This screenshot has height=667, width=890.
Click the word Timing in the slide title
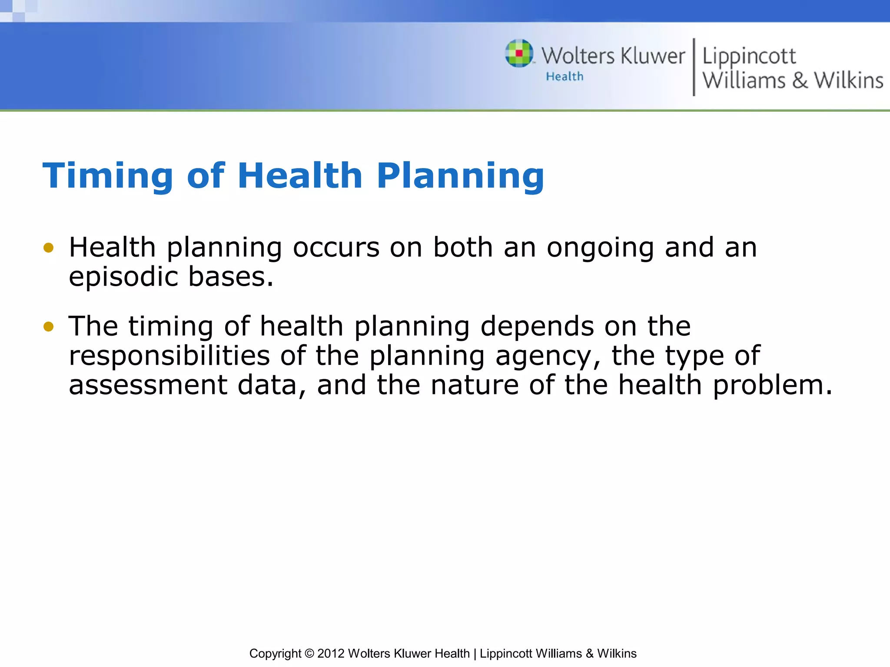click(108, 176)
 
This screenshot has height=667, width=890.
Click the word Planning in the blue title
click(460, 176)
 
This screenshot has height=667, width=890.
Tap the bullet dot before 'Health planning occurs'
click(49, 248)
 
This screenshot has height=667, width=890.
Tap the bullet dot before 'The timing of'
click(49, 327)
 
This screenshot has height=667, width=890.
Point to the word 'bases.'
click(231, 277)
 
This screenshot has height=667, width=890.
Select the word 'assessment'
click(148, 385)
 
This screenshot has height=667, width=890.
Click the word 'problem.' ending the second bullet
click(773, 386)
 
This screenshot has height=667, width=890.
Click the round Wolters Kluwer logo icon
click(519, 53)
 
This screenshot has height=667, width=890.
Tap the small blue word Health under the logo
click(565, 76)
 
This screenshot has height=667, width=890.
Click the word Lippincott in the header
click(749, 56)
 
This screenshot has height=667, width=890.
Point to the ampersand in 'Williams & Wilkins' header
click(800, 80)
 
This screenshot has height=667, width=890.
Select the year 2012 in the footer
click(331, 654)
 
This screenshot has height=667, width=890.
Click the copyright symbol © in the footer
click(309, 654)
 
